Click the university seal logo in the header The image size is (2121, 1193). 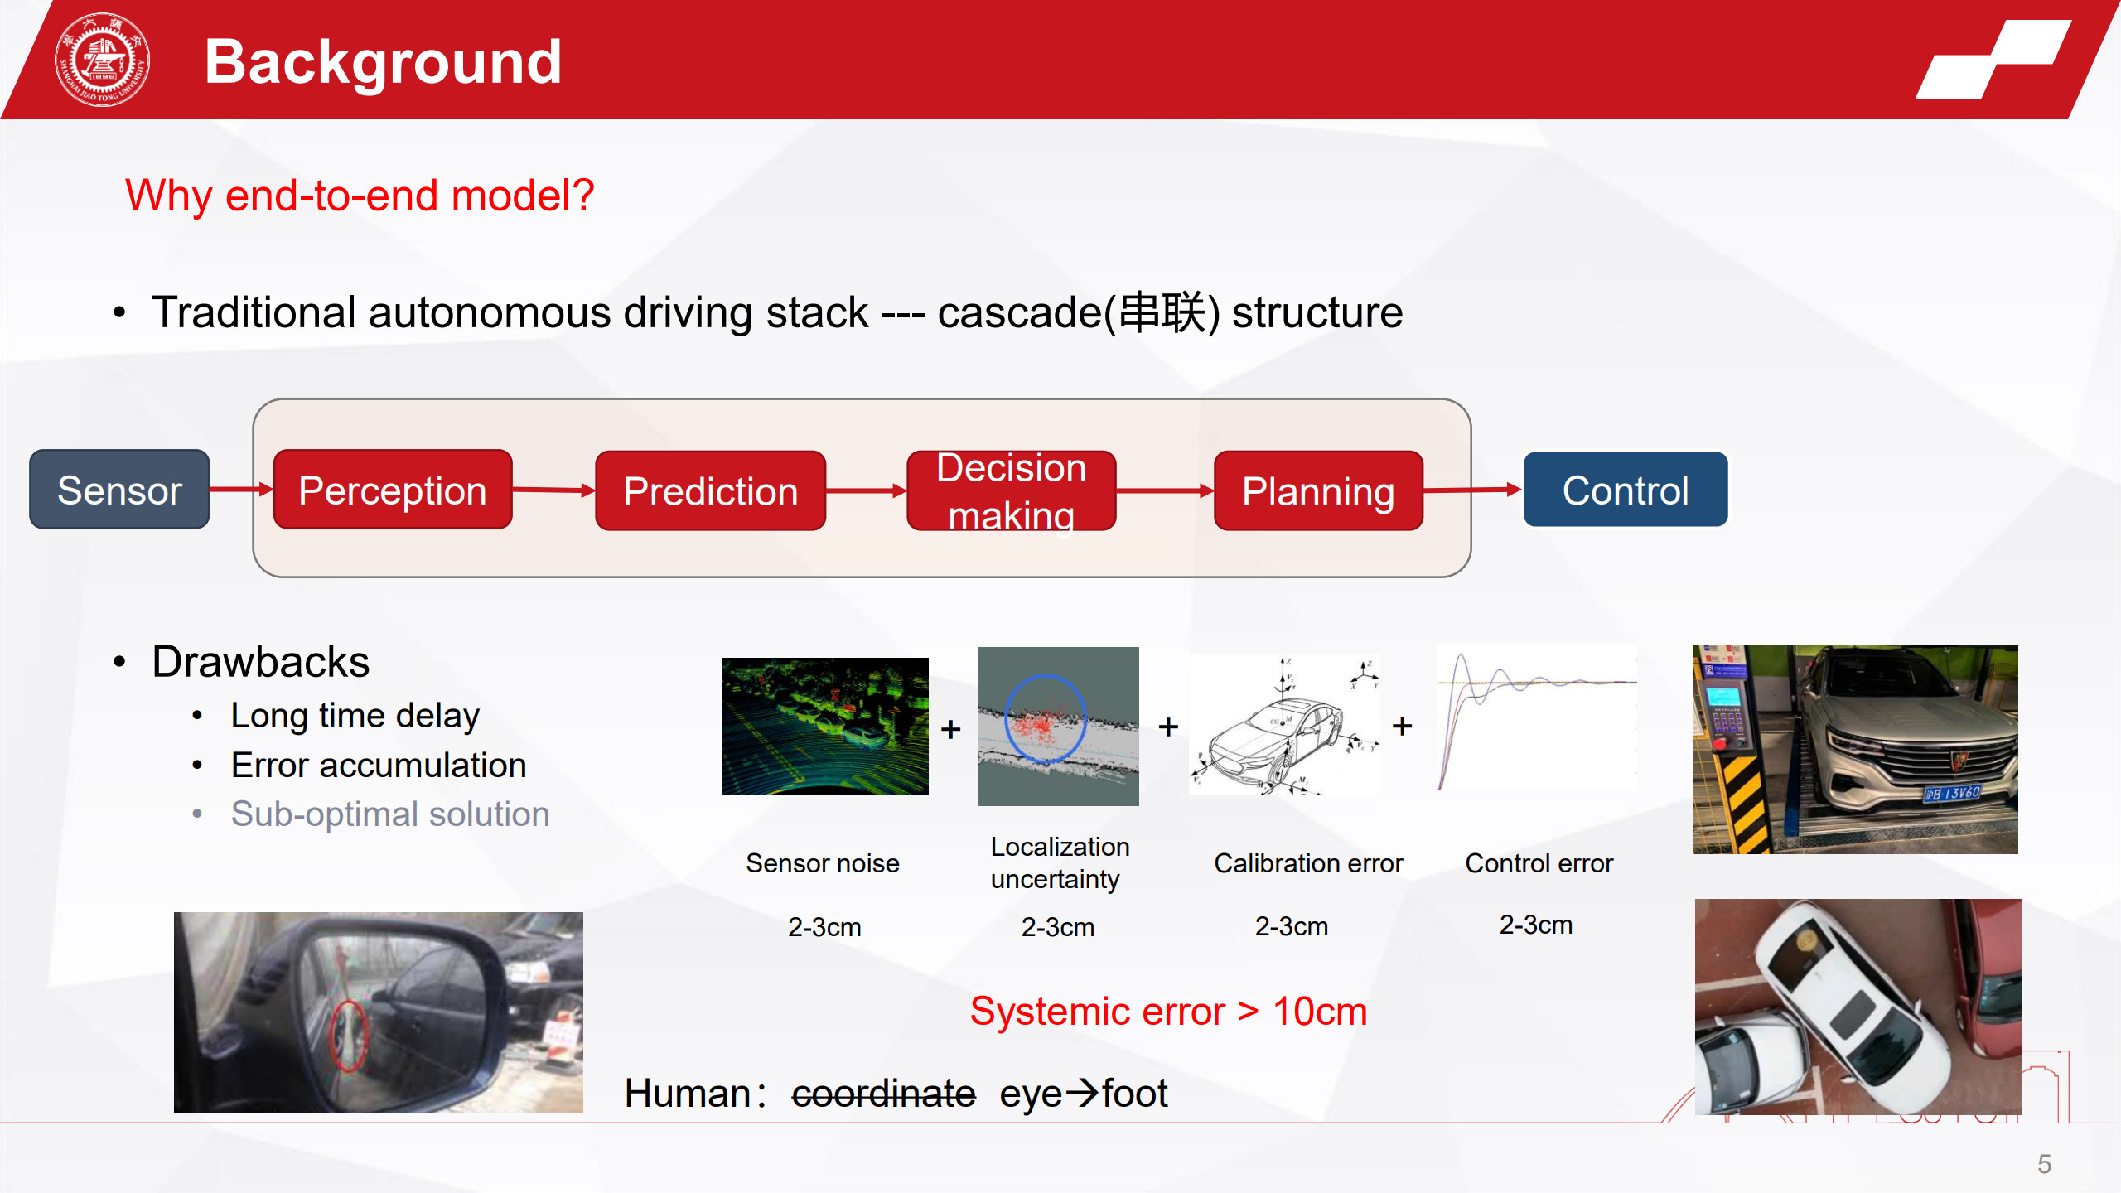[102, 60]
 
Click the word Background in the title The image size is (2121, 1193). [383, 62]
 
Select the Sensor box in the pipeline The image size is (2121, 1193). [119, 490]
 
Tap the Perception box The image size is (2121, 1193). [393, 490]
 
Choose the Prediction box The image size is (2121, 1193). [710, 490]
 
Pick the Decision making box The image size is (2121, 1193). [1011, 490]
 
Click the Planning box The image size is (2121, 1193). [1318, 490]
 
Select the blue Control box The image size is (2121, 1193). [1626, 490]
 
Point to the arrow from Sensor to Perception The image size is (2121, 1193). [241, 490]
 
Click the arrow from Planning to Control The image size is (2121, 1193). [1473, 490]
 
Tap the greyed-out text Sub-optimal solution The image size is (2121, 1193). [390, 814]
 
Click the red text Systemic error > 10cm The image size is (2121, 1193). [1168, 1011]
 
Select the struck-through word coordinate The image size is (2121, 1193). [883, 1093]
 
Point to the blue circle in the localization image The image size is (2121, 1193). [1046, 717]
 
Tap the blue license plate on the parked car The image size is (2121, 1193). [1952, 793]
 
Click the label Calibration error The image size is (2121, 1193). [1308, 863]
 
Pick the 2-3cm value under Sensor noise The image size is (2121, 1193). [824, 926]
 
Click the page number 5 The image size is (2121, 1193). [2044, 1164]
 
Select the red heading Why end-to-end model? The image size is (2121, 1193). [360, 196]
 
